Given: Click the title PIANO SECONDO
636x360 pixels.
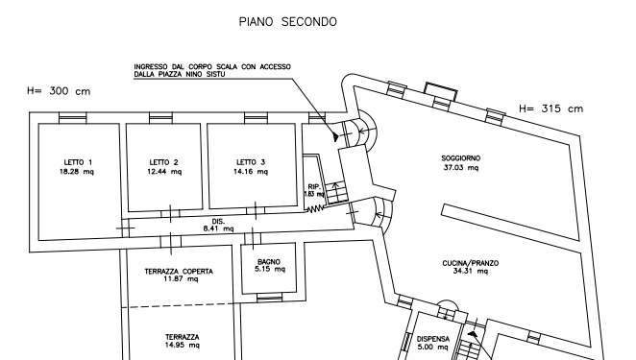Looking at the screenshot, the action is [x=287, y=21].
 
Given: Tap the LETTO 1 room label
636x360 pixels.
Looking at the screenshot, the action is [x=78, y=162].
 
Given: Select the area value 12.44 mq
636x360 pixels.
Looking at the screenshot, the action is [x=164, y=172].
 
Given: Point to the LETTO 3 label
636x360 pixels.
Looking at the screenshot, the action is [x=251, y=162].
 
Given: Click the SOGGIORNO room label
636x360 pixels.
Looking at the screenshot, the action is [x=461, y=158].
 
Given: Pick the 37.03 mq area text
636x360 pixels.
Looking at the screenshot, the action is [x=461, y=167].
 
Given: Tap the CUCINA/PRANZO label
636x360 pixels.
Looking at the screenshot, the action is [x=471, y=263].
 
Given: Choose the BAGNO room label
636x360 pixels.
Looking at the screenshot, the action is [x=269, y=262].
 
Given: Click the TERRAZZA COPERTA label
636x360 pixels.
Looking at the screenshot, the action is [x=179, y=272].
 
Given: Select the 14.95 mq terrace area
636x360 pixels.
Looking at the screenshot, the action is [x=183, y=345].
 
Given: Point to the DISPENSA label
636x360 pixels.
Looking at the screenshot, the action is [x=433, y=339].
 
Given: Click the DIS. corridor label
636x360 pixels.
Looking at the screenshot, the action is [x=218, y=222].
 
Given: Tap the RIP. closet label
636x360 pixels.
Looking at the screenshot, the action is [x=314, y=186].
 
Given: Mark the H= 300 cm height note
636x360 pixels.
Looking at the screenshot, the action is [x=59, y=91].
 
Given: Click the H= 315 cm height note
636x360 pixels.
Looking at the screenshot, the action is [x=550, y=108].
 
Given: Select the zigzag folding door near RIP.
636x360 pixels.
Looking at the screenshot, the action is [x=315, y=209].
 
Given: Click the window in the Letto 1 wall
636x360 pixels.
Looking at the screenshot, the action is [x=73, y=117].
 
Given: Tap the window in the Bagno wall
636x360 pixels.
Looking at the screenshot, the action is [x=269, y=298].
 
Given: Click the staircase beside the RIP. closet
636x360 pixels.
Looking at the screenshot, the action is [x=337, y=193].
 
